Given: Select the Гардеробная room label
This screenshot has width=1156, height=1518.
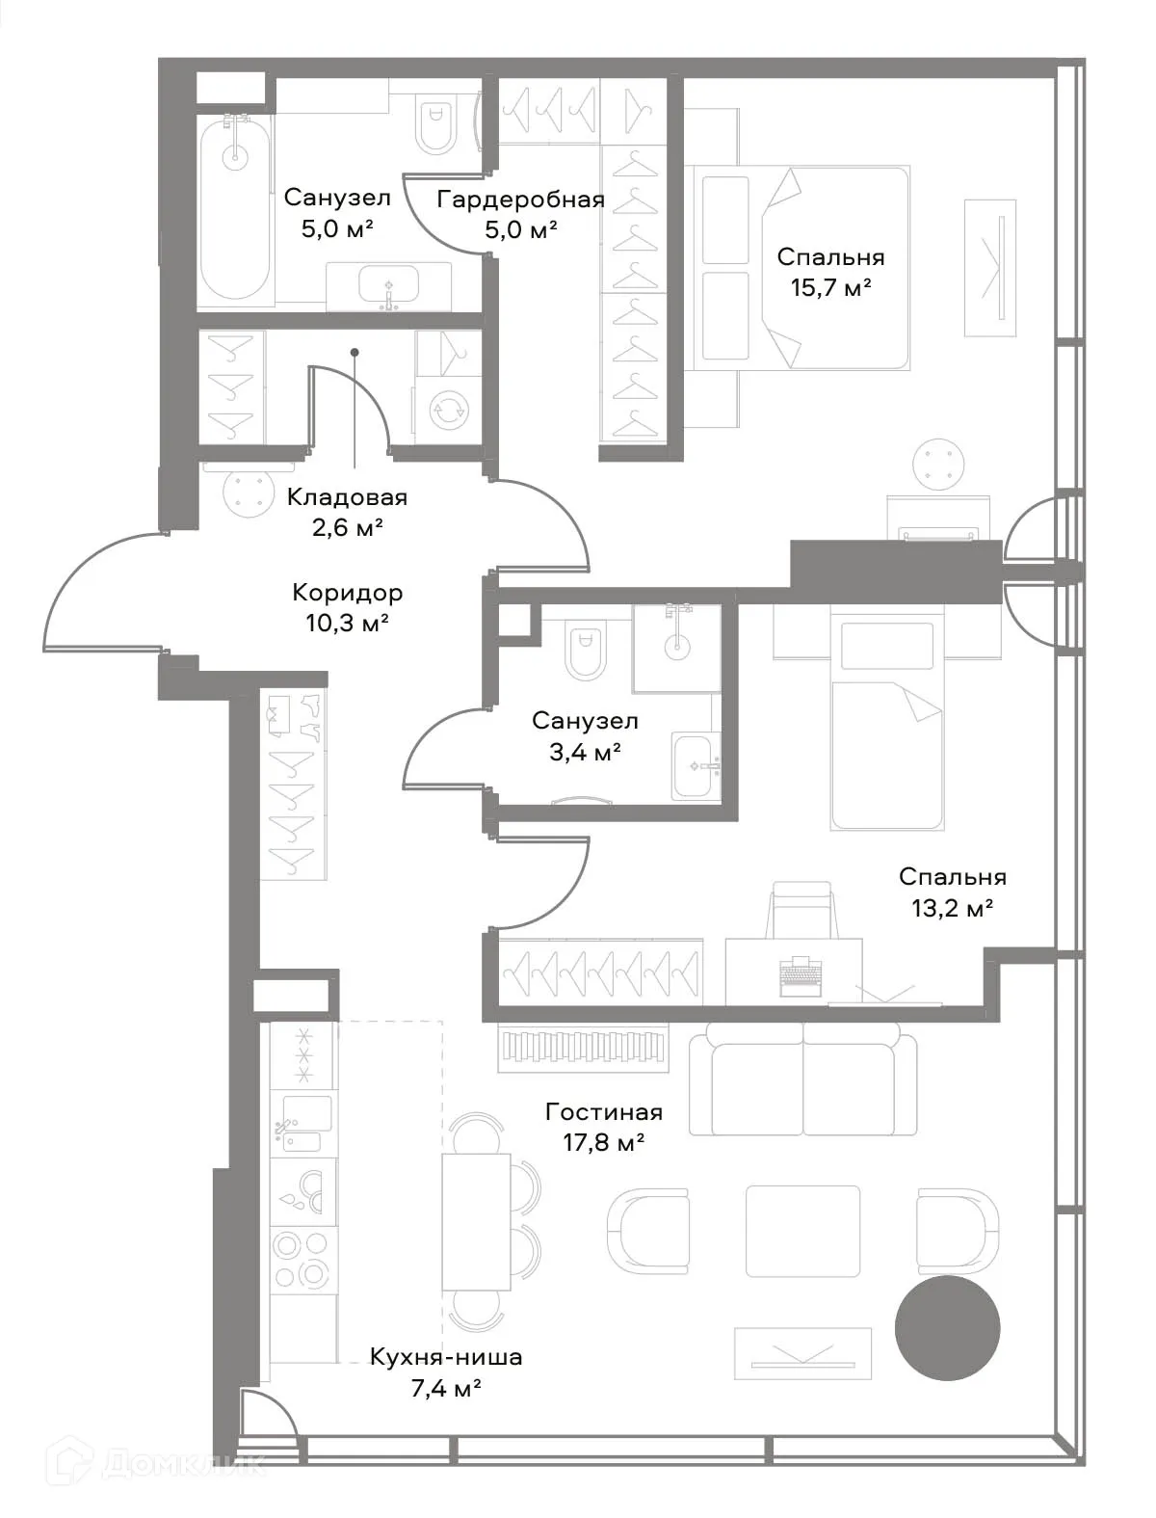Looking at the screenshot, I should tap(520, 200).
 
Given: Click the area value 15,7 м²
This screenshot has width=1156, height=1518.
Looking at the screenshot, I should tap(830, 287).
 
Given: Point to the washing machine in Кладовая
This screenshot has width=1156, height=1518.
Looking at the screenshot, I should tap(447, 409).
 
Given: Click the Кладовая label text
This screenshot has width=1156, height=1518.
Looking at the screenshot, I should tap(347, 497).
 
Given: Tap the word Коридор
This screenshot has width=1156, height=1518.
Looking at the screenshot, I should tap(347, 592).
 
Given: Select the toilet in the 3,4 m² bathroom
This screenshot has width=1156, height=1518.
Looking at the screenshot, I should tap(586, 652).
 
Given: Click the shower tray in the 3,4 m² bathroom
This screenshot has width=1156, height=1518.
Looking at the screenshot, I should tap(676, 648).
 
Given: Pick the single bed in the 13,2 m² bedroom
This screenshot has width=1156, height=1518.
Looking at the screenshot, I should tap(887, 732).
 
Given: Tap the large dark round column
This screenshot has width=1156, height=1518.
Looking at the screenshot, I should tap(947, 1329).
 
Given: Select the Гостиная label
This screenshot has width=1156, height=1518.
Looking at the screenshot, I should tap(604, 1111).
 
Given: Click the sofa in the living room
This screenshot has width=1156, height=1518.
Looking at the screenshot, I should tap(802, 1079).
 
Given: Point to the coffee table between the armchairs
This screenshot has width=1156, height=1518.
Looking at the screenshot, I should tap(802, 1231).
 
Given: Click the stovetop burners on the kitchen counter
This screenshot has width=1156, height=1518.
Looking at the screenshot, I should tap(302, 1260).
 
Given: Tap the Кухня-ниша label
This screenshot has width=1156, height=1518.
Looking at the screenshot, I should tap(446, 1357).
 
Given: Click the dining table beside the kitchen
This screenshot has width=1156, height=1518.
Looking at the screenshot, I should tap(476, 1220).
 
